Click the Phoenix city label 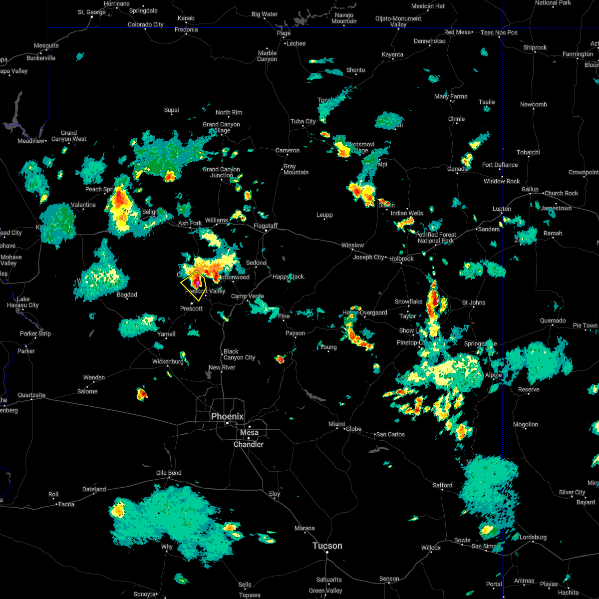tap(227, 416)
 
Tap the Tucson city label tap(327, 546)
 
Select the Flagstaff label tap(266, 226)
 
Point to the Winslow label tap(352, 245)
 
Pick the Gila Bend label tap(168, 473)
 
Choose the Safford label tap(442, 485)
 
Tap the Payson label tap(296, 333)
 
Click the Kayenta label tap(392, 54)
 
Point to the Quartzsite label tap(31, 395)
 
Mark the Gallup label tap(530, 189)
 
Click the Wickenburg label tap(168, 361)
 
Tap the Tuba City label tap(303, 121)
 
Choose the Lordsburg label tap(533, 537)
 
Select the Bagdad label tap(127, 295)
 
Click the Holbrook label tap(401, 259)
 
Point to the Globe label tap(353, 429)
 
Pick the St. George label tap(92, 12)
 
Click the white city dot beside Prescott tap(191, 303)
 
